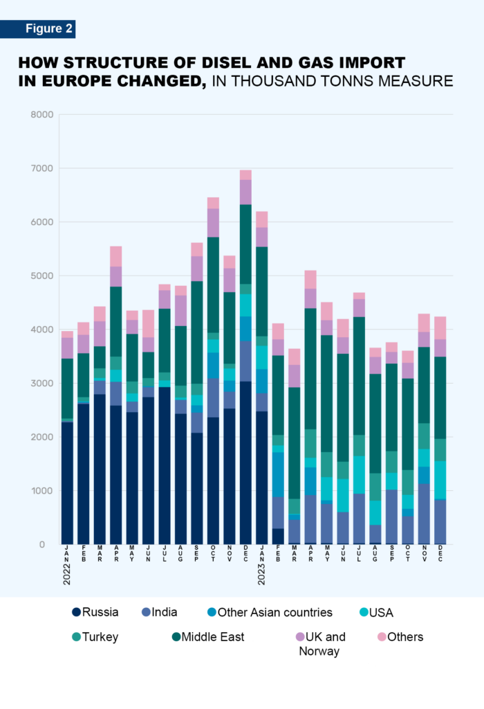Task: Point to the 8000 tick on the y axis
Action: pos(42,115)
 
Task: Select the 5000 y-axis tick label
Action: pos(42,276)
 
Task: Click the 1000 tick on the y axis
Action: pos(42,491)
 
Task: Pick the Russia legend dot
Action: pos(76,612)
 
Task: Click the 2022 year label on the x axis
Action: pos(67,573)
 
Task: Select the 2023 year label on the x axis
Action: pos(261,573)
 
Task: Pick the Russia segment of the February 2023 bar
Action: pos(278,537)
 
